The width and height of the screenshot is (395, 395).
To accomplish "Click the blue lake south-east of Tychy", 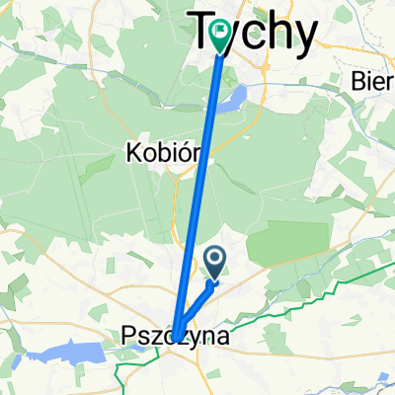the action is [x=235, y=98].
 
